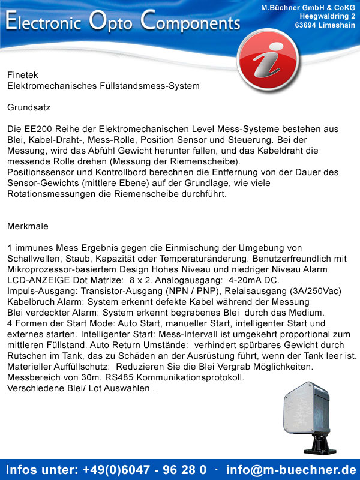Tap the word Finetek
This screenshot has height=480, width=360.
[x=22, y=75]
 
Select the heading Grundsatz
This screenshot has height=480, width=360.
[x=29, y=107]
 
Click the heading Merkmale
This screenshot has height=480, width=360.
[x=28, y=226]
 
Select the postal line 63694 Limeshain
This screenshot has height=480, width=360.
[x=325, y=25]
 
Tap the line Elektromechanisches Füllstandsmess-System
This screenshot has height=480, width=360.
[x=103, y=86]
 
